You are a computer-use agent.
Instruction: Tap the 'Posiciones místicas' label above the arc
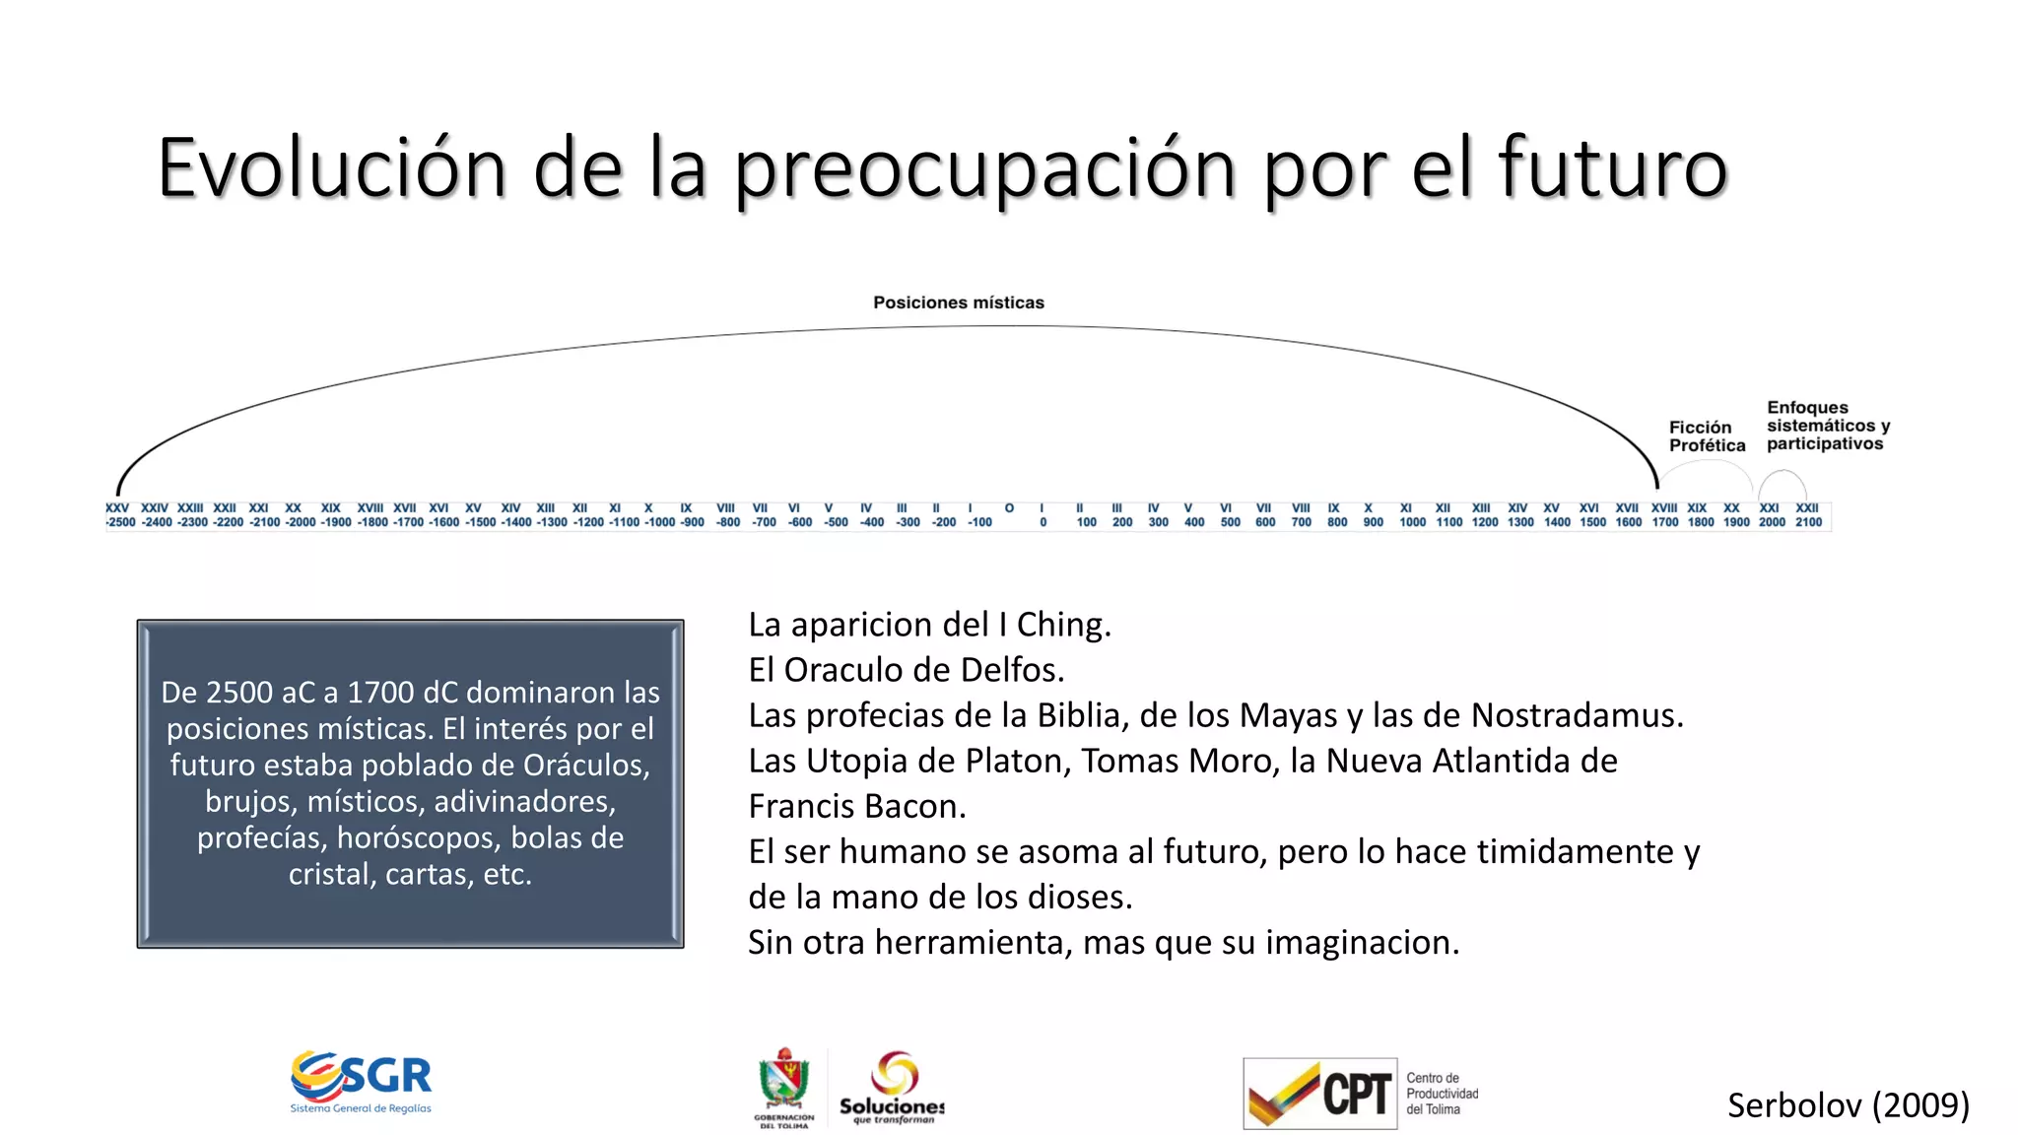(958, 302)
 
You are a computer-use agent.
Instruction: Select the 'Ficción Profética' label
(1706, 436)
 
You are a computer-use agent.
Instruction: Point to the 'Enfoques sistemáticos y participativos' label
(1827, 426)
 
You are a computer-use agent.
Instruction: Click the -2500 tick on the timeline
(121, 522)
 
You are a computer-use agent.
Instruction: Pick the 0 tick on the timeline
(1043, 522)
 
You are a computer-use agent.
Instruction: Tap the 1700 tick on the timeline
(1665, 522)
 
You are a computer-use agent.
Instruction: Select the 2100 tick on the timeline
(1808, 522)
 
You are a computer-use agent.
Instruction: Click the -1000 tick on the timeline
(659, 522)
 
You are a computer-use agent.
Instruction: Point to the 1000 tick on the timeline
(1412, 522)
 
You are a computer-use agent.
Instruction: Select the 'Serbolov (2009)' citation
(1848, 1105)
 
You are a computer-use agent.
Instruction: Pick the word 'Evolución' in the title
(331, 167)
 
